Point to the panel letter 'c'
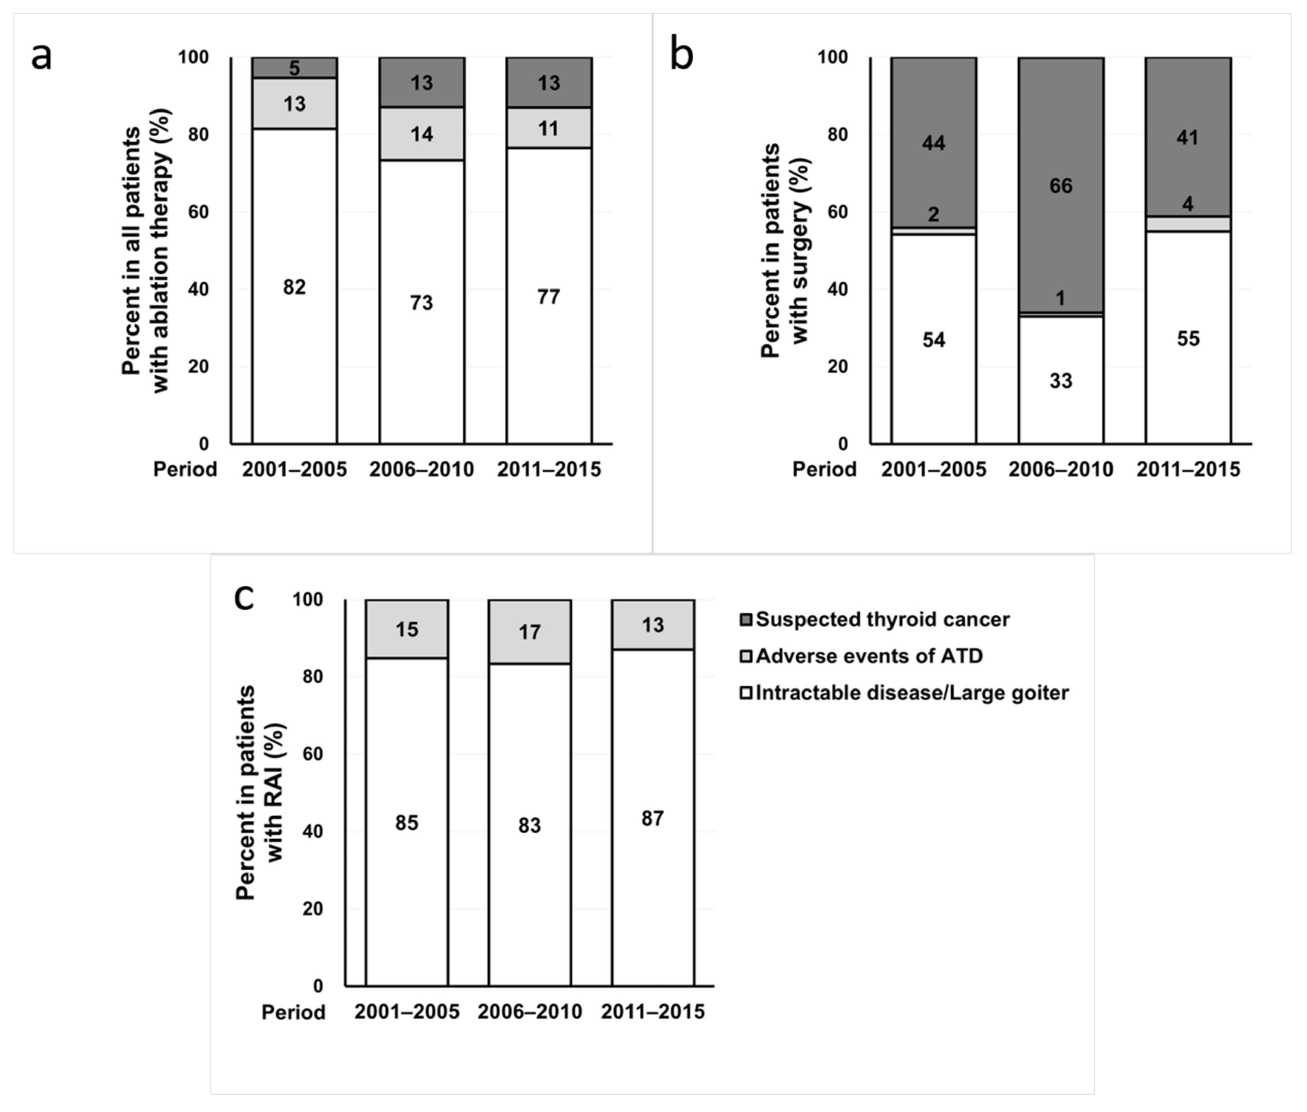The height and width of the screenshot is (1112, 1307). click(x=244, y=597)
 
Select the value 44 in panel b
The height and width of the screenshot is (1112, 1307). click(x=934, y=143)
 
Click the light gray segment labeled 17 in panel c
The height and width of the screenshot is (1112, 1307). click(x=530, y=632)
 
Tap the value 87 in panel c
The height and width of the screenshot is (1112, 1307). click(x=653, y=818)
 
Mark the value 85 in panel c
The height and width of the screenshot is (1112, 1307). click(x=407, y=822)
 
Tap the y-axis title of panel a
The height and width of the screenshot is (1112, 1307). click(x=146, y=251)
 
